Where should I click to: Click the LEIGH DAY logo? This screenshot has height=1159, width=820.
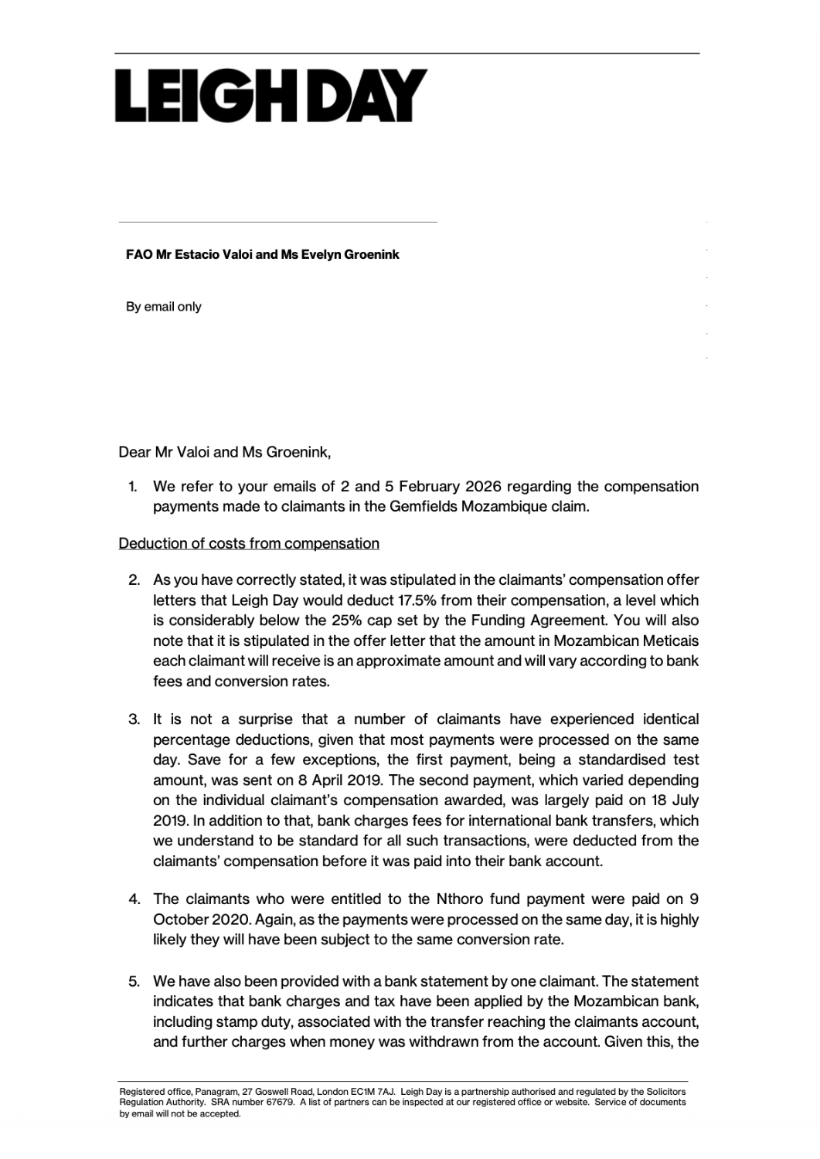coord(271,96)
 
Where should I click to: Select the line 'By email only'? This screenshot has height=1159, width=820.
coord(164,307)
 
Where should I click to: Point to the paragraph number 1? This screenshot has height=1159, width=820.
coord(132,487)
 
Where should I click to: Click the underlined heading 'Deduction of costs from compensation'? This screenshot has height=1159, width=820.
coord(249,543)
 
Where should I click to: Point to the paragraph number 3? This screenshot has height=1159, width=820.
coord(134,719)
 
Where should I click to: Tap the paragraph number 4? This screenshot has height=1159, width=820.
coord(134,899)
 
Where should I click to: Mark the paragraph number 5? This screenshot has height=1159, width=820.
coord(134,982)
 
